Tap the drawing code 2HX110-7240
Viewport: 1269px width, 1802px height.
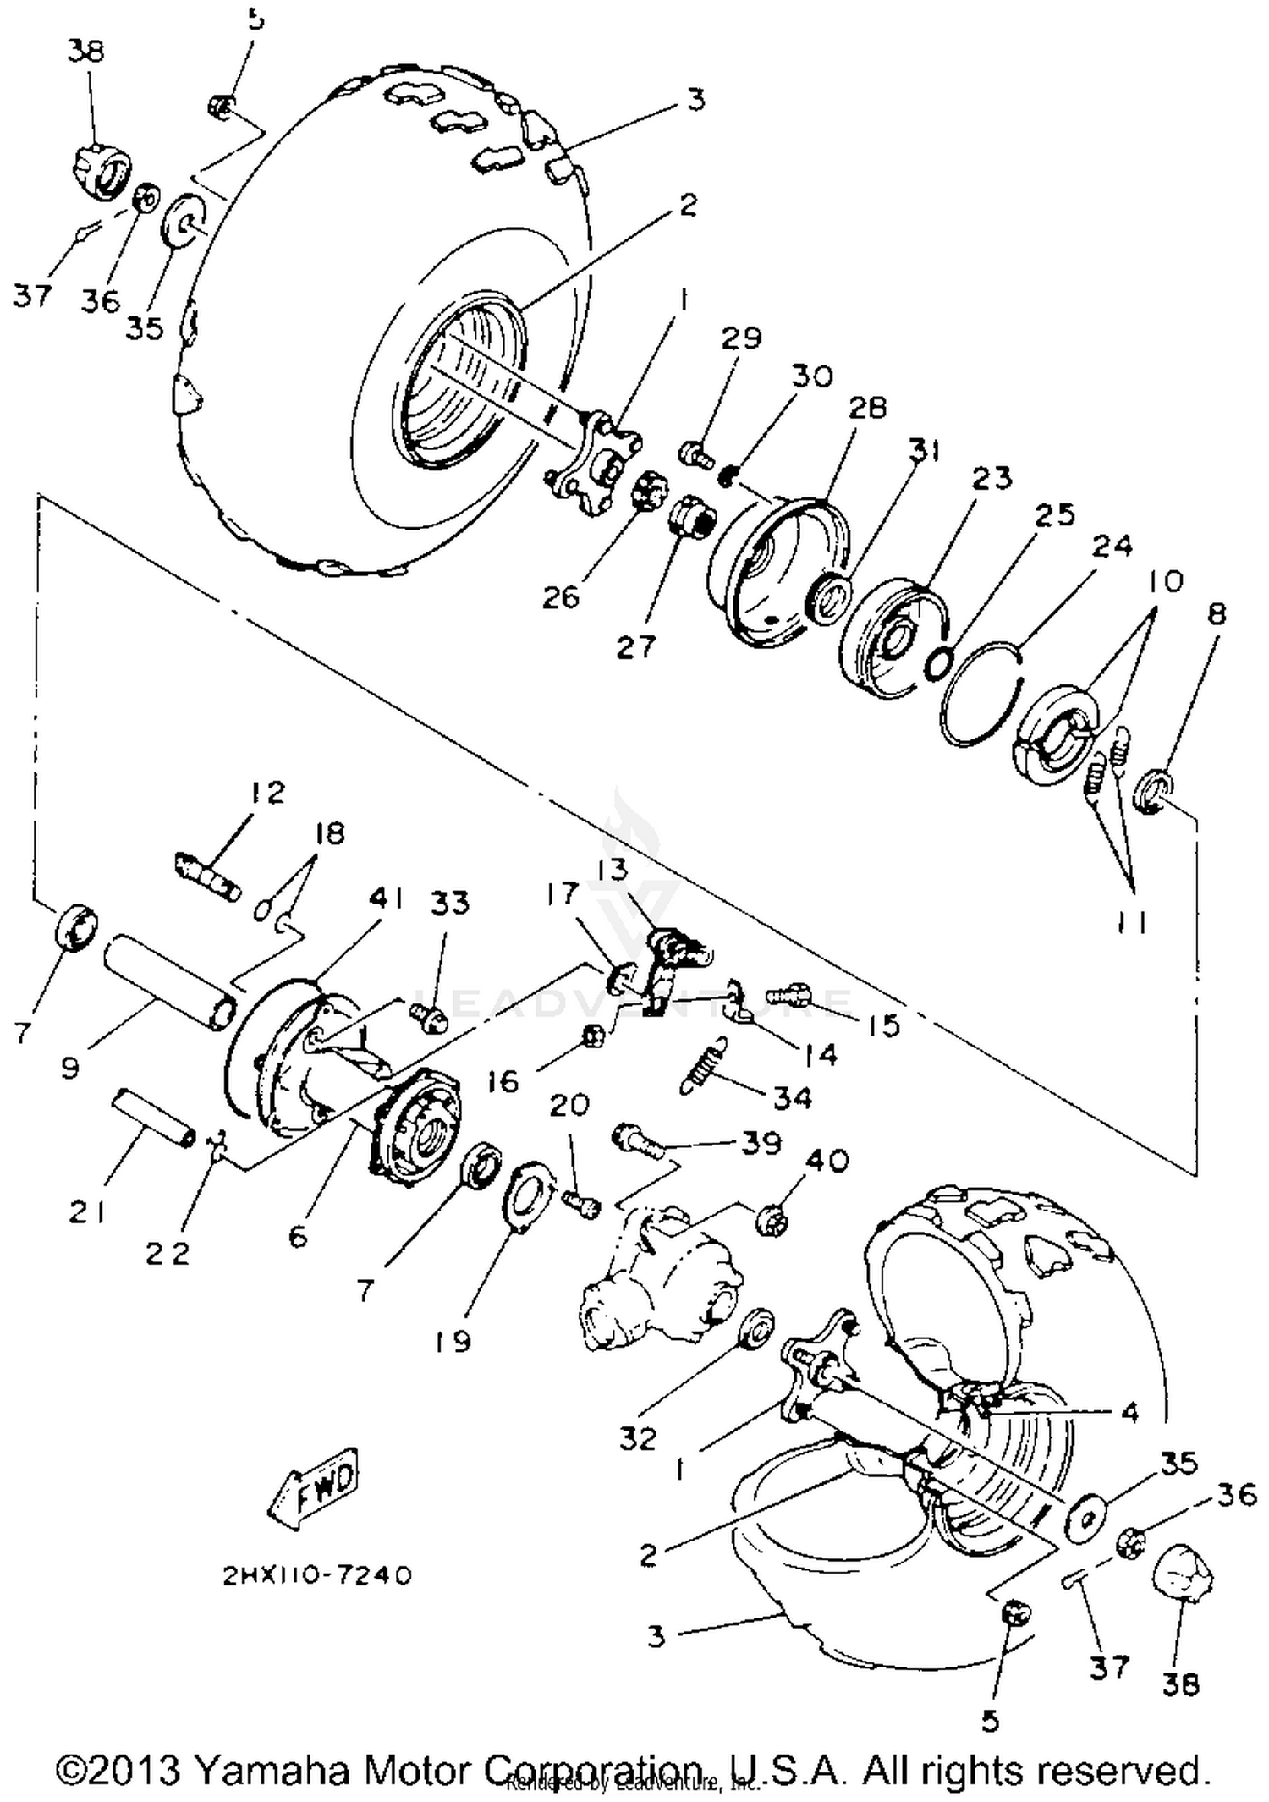click(x=317, y=1575)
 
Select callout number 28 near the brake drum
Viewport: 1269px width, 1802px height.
click(x=866, y=408)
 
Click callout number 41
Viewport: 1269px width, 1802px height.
click(x=387, y=898)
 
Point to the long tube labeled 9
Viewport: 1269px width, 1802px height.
click(x=166, y=981)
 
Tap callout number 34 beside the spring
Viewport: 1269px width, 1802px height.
click(x=793, y=1097)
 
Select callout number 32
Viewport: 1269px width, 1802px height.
click(x=637, y=1437)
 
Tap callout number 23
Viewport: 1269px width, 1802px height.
click(x=992, y=478)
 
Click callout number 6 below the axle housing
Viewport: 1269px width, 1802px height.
click(x=298, y=1236)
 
